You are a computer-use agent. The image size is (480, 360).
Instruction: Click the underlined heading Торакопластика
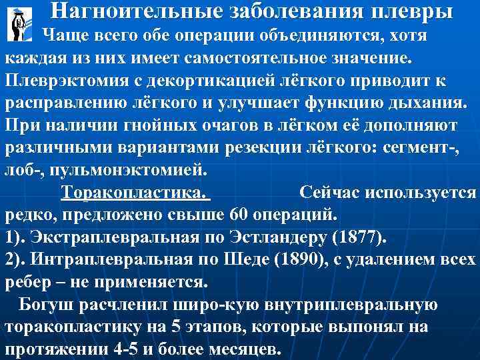(x=134, y=193)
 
